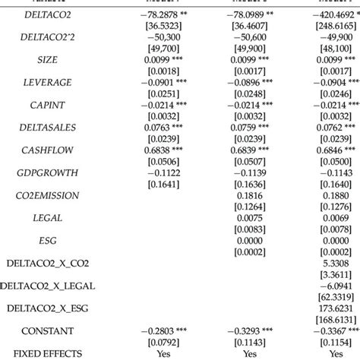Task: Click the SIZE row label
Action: click(48, 58)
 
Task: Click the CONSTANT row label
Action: click(48, 330)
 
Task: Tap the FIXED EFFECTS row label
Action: click(48, 353)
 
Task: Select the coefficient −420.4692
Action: click(330, 14)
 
